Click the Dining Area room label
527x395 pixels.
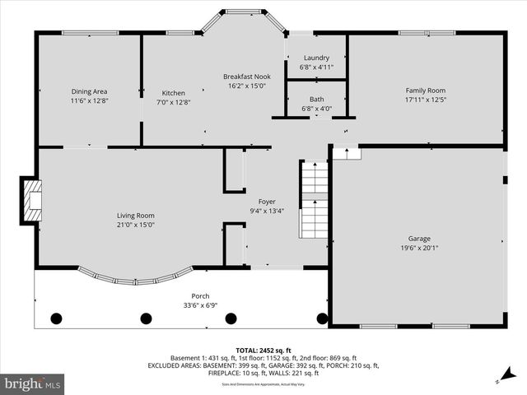pyautogui.click(x=89, y=91)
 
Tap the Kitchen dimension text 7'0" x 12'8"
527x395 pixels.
pyautogui.click(x=173, y=102)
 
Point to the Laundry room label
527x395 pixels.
pyautogui.click(x=316, y=58)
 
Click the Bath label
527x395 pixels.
pyautogui.click(x=316, y=99)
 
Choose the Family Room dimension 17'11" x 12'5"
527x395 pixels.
pyautogui.click(x=425, y=100)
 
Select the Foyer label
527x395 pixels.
pyautogui.click(x=267, y=201)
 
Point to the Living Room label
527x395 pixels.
pyautogui.click(x=136, y=216)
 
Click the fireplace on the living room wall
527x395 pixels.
pyautogui.click(x=30, y=201)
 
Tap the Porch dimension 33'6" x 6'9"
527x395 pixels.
pyautogui.click(x=200, y=305)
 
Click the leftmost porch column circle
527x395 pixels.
pyautogui.click(x=56, y=318)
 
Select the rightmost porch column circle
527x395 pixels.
pyautogui.click(x=321, y=318)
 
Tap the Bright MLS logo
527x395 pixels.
pyautogui.click(x=33, y=383)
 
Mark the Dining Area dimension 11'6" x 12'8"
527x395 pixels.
pyautogui.click(x=89, y=100)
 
